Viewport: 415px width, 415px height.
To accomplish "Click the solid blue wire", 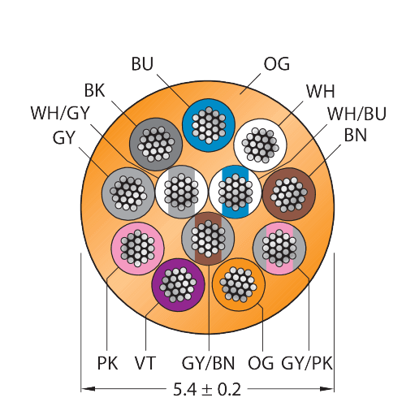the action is click(208, 125).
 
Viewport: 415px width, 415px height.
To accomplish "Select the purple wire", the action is click(178, 285).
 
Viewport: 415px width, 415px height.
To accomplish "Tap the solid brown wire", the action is click(289, 194).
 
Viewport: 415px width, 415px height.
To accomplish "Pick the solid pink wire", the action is click(137, 249).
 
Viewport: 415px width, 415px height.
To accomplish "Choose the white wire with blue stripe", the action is click(236, 192).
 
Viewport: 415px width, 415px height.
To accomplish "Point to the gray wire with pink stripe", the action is click(279, 249).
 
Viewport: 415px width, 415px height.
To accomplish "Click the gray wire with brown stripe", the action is click(208, 239).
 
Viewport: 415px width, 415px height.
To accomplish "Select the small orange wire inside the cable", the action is click(239, 284).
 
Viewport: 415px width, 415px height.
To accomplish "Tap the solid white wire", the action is click(260, 145).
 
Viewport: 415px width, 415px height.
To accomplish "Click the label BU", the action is click(142, 64).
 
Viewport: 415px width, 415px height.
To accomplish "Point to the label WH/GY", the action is click(60, 113).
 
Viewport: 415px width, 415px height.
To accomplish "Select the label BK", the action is click(94, 90).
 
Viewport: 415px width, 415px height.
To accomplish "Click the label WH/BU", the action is click(357, 114).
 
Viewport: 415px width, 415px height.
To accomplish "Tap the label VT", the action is click(145, 363).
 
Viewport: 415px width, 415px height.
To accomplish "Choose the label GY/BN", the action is click(208, 363).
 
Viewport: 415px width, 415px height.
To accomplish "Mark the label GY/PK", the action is click(307, 363).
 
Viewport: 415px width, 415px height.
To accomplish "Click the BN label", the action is click(356, 135).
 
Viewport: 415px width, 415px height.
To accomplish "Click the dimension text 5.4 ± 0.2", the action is click(207, 389).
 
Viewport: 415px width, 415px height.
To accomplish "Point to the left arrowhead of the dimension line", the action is click(88, 389).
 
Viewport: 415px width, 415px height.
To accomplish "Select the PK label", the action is click(107, 363).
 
